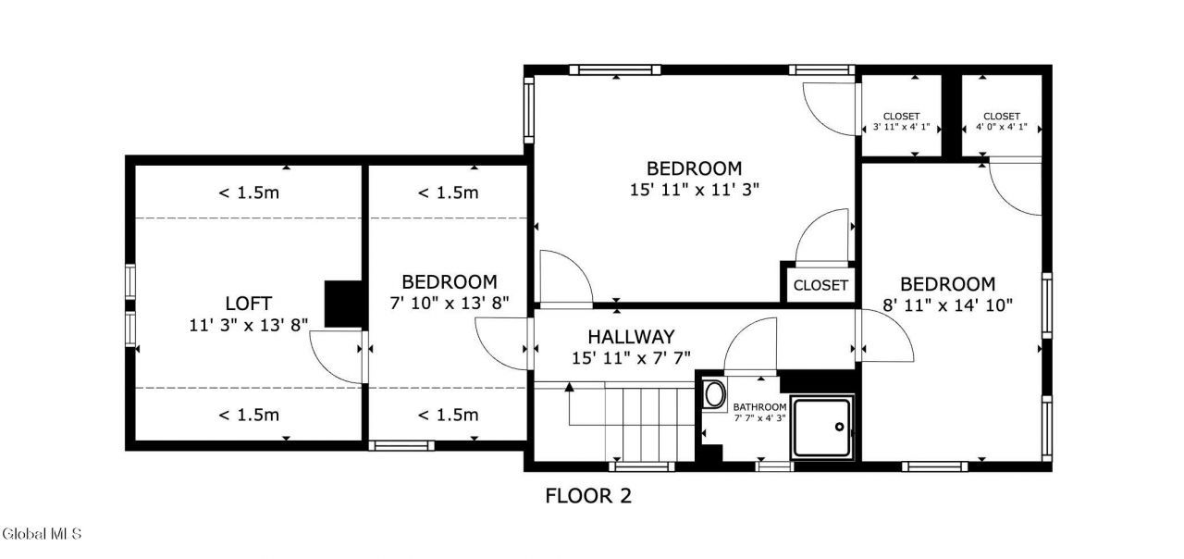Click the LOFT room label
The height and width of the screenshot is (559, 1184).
249,304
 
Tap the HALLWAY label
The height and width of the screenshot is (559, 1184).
631,337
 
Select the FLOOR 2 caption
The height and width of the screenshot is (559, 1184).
588,496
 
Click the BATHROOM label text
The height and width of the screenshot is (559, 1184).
759,407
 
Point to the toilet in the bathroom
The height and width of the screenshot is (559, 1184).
714,394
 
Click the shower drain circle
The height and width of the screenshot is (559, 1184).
839,427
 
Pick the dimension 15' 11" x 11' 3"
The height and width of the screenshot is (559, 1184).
694,190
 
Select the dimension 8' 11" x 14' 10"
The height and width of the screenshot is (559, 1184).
948,305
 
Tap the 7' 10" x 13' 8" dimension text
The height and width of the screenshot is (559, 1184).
450,303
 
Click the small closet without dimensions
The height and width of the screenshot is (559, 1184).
820,286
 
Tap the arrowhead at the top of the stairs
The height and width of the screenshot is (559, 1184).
569,387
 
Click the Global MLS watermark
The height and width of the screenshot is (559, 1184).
42,534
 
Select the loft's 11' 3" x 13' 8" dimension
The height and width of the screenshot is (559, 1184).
249,325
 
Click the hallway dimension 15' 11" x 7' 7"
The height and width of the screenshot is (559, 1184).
631,358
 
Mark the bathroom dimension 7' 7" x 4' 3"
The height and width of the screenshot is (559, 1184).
759,417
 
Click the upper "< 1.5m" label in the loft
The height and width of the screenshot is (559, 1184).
249,193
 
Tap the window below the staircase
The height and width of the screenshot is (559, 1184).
642,466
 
